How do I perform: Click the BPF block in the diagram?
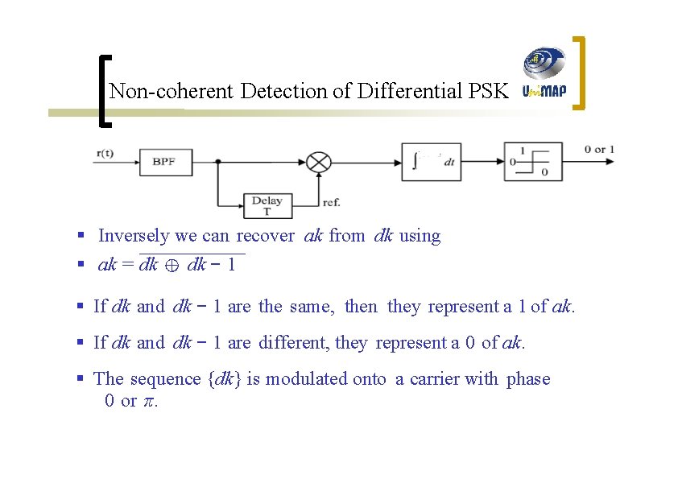166,162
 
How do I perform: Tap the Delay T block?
267,205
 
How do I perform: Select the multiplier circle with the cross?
320,161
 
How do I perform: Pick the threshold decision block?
533,161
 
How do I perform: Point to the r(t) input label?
105,151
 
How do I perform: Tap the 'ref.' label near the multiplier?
331,202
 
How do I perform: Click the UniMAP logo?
544,75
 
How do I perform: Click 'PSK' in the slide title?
488,91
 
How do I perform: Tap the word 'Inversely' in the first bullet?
134,236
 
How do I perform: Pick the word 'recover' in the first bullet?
265,236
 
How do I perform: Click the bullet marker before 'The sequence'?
81,378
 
